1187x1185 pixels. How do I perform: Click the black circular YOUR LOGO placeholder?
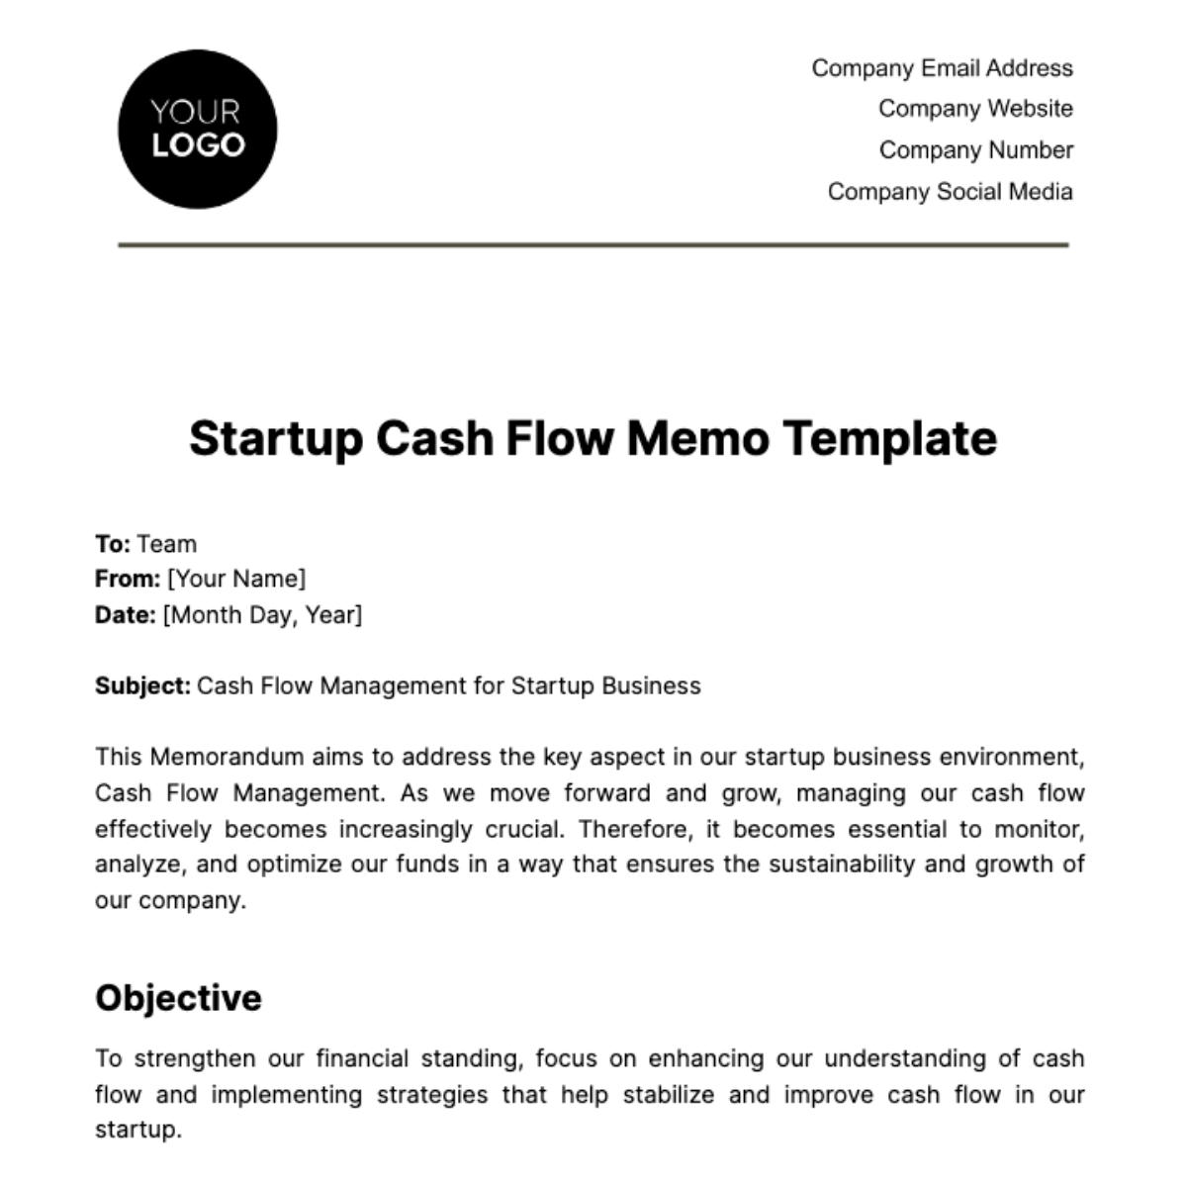tap(197, 130)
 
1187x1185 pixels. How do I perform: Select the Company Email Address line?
tap(942, 68)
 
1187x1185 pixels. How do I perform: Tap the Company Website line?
tap(975, 109)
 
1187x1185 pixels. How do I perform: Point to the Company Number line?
tap(975, 150)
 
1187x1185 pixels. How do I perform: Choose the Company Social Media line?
tap(950, 192)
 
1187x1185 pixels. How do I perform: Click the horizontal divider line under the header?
tap(593, 244)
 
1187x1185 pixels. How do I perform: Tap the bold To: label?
tap(113, 544)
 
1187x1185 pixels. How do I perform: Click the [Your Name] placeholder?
tap(236, 579)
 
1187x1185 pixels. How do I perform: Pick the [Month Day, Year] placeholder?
tap(262, 615)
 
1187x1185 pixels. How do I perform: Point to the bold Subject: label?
tap(142, 686)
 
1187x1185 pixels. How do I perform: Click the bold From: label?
tap(128, 579)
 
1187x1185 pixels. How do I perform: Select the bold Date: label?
tap(126, 615)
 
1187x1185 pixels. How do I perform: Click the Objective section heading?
tap(178, 998)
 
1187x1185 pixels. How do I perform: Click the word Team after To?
tap(167, 544)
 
